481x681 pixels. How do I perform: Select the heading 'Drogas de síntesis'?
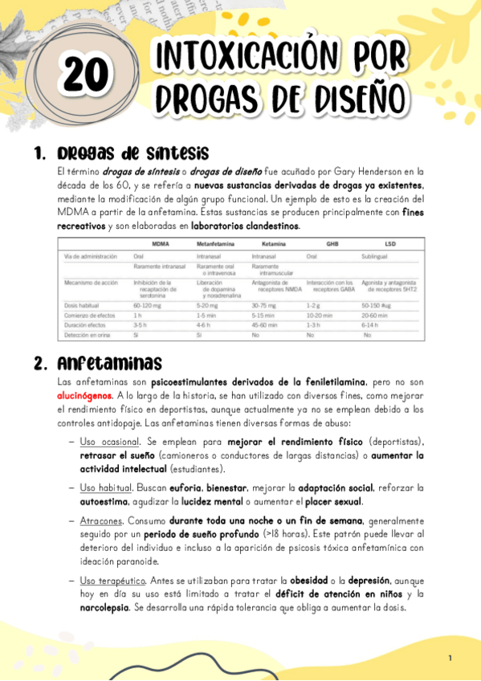[133, 153]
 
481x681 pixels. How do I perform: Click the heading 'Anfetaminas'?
[109, 362]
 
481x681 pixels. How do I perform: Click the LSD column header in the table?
[389, 243]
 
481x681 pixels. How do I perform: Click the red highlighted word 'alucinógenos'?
[84, 397]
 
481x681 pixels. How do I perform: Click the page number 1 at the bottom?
[450, 659]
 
